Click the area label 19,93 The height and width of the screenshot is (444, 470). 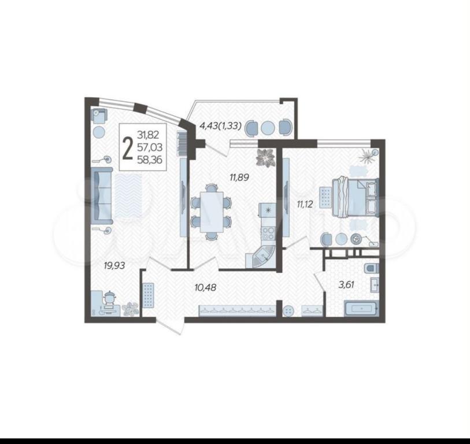pyautogui.click(x=114, y=265)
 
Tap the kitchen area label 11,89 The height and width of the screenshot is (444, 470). pyautogui.click(x=239, y=177)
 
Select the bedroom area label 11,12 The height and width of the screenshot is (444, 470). pyautogui.click(x=305, y=205)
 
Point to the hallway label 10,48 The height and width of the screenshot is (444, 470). pyautogui.click(x=205, y=288)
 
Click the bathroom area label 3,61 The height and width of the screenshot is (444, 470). pyautogui.click(x=346, y=284)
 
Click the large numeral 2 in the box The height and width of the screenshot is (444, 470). pyautogui.click(x=128, y=147)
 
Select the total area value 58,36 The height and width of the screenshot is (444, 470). pyautogui.click(x=150, y=160)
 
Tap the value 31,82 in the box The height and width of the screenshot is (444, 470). pyautogui.click(x=148, y=135)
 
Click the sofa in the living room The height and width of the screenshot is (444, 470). pyautogui.click(x=103, y=196)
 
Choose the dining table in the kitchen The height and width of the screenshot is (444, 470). pyautogui.click(x=212, y=212)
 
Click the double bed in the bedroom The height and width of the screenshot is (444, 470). pyautogui.click(x=355, y=198)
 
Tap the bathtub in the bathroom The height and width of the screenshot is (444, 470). pyautogui.click(x=361, y=308)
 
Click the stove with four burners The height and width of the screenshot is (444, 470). pyautogui.click(x=268, y=234)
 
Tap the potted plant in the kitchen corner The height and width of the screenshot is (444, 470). pyautogui.click(x=265, y=157)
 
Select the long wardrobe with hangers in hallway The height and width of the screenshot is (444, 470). pyautogui.click(x=237, y=310)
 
